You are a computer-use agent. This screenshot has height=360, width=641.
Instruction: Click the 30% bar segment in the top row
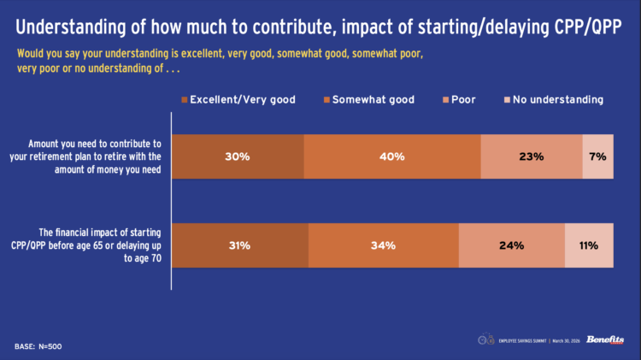tap(238, 156)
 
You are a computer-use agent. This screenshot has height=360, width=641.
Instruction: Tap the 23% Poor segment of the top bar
tap(532, 156)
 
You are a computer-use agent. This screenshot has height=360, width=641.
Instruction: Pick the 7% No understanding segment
tap(598, 156)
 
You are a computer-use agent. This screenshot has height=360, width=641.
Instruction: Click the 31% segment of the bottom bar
tap(240, 246)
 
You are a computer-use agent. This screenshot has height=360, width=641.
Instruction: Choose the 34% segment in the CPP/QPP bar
tap(384, 246)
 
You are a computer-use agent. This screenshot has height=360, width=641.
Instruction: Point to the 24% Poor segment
tap(512, 246)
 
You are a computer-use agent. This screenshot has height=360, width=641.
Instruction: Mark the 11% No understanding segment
tap(590, 246)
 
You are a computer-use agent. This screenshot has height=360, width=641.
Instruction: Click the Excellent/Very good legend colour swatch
tap(184, 100)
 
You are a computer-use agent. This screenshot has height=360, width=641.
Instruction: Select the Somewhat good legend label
tap(373, 100)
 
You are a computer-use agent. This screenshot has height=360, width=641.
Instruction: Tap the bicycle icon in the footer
tap(485, 339)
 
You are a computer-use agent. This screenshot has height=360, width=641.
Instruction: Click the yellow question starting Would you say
tap(220, 61)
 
